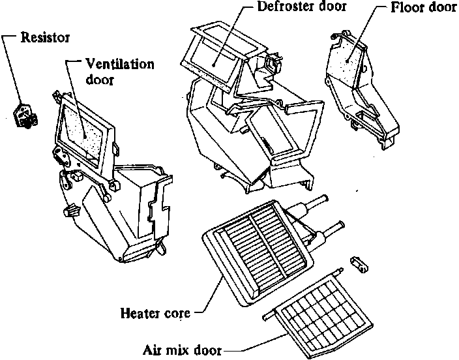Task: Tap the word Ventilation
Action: [121, 65]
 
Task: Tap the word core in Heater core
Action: [176, 313]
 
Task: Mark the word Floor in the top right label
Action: [405, 10]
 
